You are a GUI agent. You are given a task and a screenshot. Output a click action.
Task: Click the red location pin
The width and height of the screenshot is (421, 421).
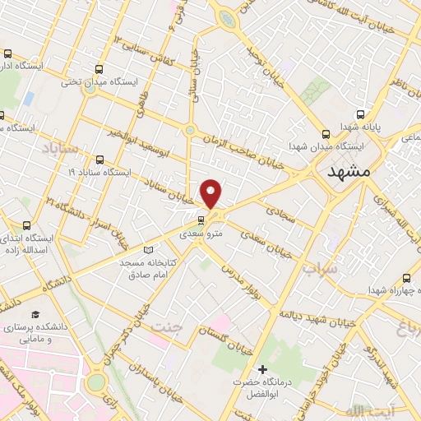click(x=212, y=194)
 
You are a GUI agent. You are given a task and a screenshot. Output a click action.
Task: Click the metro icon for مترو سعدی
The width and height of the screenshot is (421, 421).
click(x=201, y=220)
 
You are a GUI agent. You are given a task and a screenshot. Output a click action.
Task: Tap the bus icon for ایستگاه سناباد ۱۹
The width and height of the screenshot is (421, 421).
click(x=99, y=160)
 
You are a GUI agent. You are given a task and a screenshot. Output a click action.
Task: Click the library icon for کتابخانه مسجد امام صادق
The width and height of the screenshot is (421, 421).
click(x=148, y=249)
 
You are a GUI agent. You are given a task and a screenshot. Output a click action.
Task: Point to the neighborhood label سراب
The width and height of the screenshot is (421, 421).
click(x=319, y=269)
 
